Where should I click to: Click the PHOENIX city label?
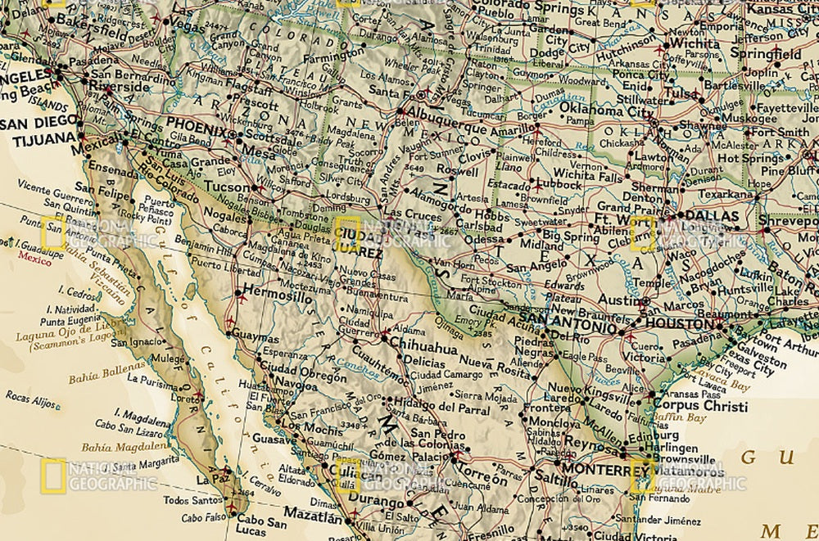pyautogui.click(x=196, y=130)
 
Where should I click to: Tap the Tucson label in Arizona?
pyautogui.click(x=227, y=187)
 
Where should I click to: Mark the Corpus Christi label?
pyautogui.click(x=701, y=406)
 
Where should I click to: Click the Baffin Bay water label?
pyautogui.click(x=680, y=417)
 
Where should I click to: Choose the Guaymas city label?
pyautogui.click(x=256, y=337)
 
